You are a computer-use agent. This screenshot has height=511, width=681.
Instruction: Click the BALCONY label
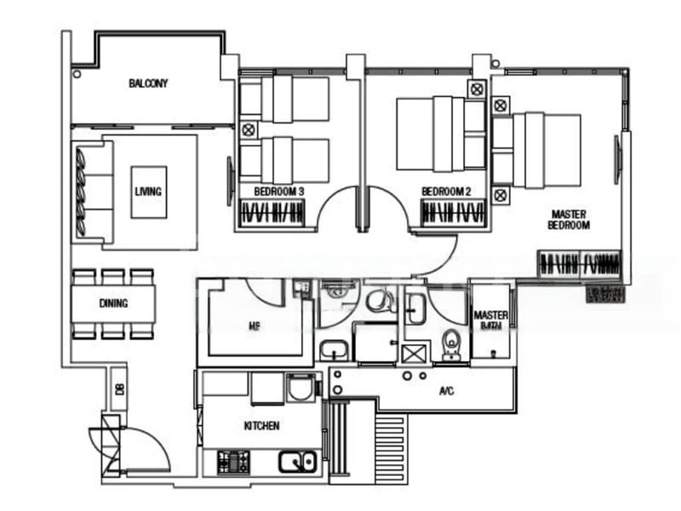(x=148, y=83)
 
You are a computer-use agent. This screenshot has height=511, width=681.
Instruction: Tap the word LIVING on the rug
(x=148, y=192)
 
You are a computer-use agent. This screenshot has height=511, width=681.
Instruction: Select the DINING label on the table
(x=113, y=302)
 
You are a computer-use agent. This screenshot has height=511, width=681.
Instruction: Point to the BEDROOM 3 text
(x=279, y=192)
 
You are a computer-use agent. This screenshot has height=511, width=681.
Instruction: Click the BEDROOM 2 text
(x=446, y=192)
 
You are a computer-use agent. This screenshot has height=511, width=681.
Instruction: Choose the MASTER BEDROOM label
(x=569, y=220)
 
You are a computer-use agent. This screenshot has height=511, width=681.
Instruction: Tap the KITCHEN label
(x=261, y=426)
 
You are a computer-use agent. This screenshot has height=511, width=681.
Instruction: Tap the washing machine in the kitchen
(x=300, y=389)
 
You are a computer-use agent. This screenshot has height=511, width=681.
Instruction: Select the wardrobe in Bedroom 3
(x=272, y=212)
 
